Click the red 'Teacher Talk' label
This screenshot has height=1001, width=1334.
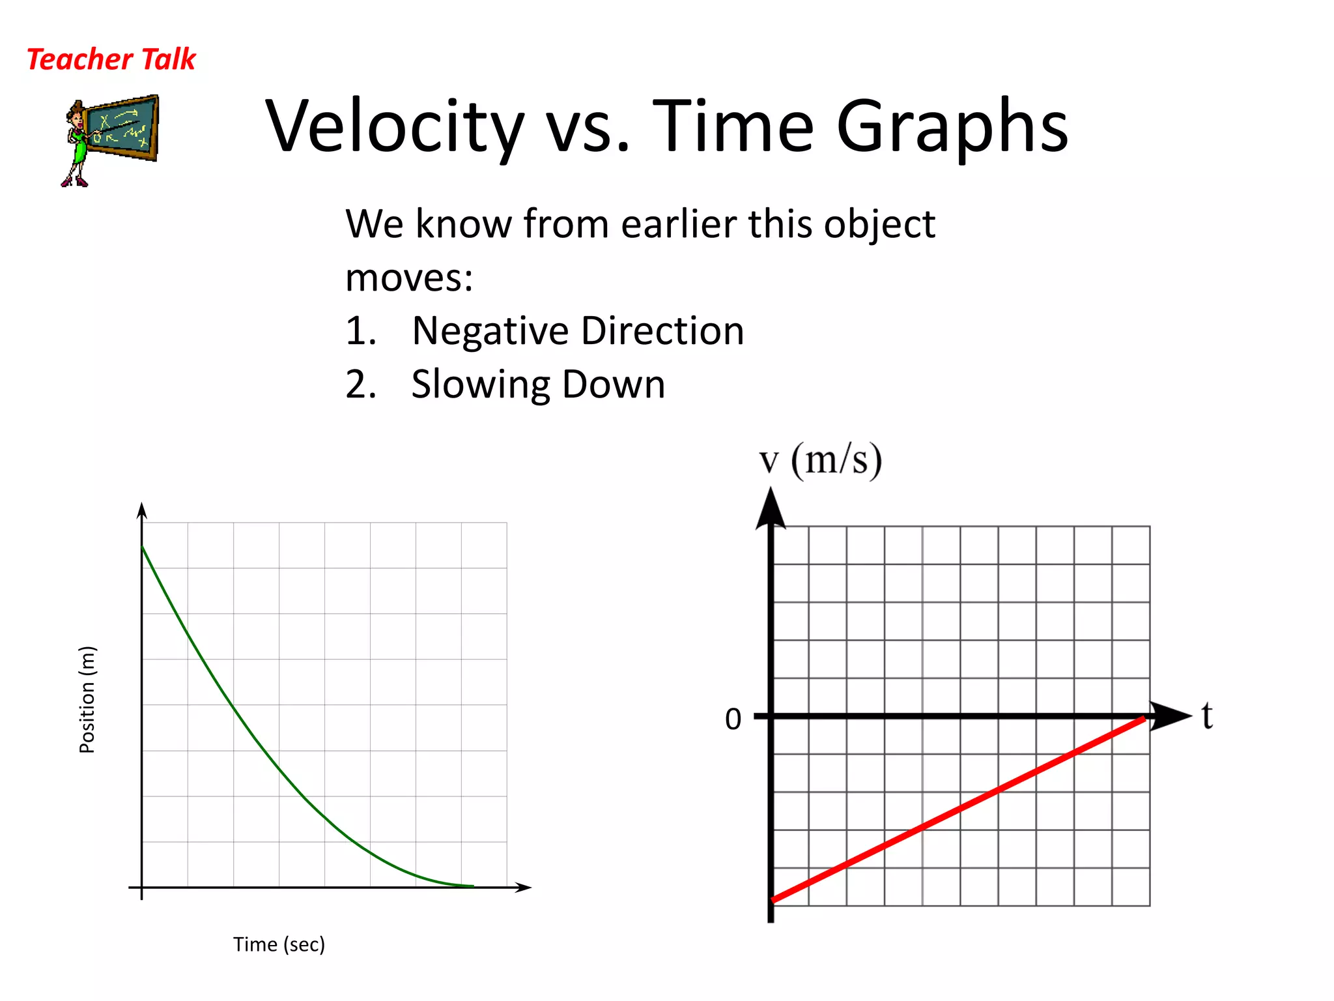tap(111, 59)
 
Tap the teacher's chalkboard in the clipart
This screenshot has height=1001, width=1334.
tap(122, 128)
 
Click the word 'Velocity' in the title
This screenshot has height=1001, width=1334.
tap(395, 126)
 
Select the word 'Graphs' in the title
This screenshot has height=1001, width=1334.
tap(952, 126)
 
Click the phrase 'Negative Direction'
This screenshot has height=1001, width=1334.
tap(578, 330)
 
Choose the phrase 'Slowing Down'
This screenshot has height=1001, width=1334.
tap(538, 384)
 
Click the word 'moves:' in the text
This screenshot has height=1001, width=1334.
tap(409, 278)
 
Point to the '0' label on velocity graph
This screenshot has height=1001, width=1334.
tap(733, 719)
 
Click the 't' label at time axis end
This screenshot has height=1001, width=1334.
tap(1207, 716)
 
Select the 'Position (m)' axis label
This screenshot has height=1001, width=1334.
tap(87, 699)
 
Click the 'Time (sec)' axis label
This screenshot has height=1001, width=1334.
tap(279, 944)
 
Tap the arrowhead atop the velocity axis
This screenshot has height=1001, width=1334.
tap(771, 508)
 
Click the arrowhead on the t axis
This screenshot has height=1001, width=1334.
tap(1171, 716)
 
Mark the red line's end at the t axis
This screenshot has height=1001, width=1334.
tap(1143, 719)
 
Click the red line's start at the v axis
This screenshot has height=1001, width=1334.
tap(773, 900)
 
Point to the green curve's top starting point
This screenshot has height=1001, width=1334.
tap(143, 547)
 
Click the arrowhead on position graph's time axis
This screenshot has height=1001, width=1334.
tap(524, 887)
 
